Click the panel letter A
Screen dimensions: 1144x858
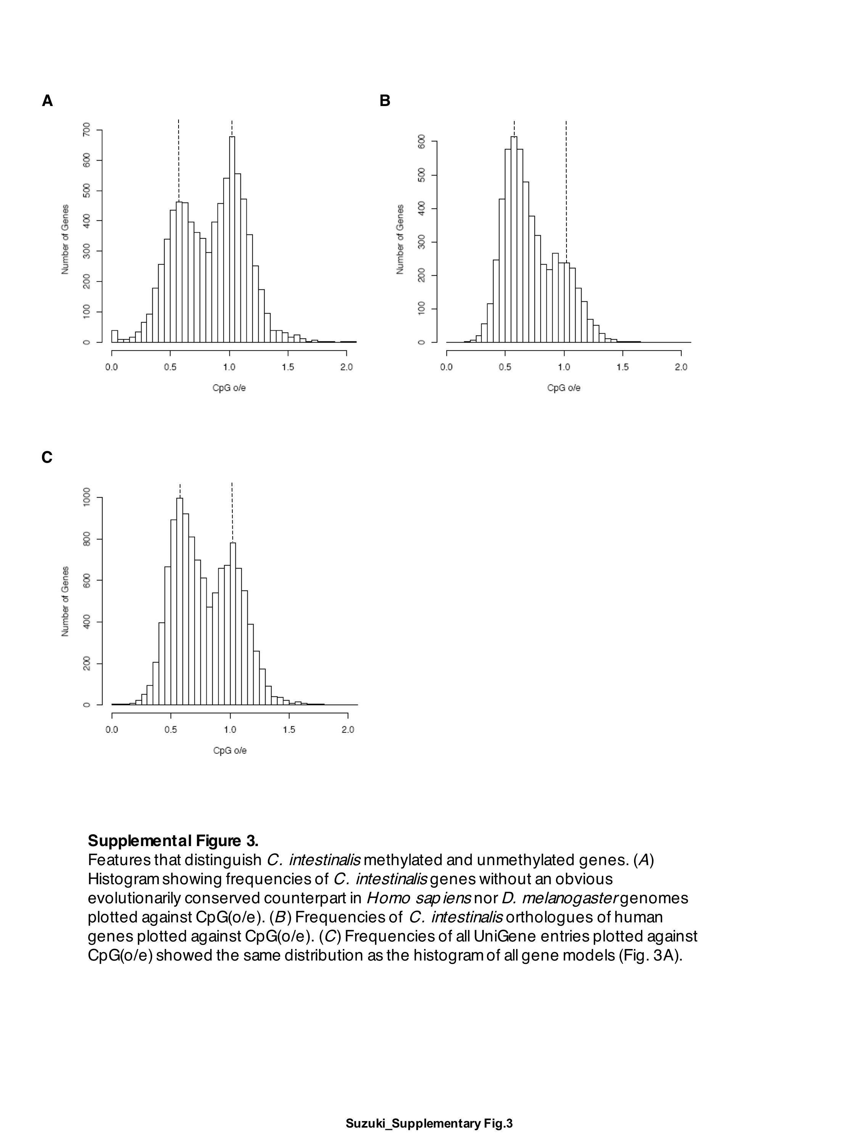click(47, 101)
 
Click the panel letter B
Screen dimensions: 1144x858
click(384, 101)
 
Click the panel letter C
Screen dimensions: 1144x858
click(47, 458)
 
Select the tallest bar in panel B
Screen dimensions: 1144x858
click(514, 238)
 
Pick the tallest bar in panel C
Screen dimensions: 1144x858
click(179, 600)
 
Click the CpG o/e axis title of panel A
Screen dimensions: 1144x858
click(229, 388)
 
